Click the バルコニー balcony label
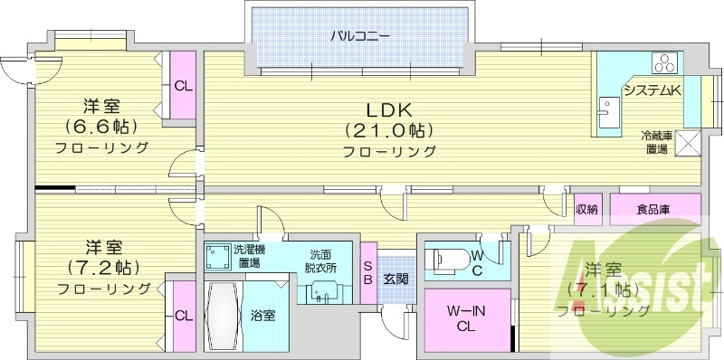coord(360,37)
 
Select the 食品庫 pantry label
coord(653,210)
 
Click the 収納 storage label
coord(586,210)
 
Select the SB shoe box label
coord(368,272)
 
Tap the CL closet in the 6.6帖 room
coord(183,87)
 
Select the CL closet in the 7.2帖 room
coord(183,316)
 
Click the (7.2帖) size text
coord(102,268)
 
